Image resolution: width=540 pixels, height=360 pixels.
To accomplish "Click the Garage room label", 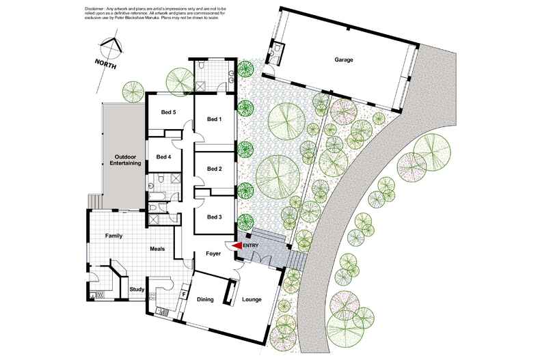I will point(344,60).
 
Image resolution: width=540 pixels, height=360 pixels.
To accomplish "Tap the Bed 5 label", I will point(169,112).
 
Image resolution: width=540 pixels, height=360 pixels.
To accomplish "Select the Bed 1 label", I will point(215,120).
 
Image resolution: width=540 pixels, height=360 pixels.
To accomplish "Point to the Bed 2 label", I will point(215,169).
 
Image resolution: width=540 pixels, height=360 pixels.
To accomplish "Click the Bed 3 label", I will point(215,217).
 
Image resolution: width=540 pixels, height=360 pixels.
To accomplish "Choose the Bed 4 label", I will point(163,156).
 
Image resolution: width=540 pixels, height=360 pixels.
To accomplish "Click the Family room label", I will point(113,236).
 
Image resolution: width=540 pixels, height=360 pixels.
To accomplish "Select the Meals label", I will point(158,249).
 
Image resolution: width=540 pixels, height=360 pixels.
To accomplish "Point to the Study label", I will point(137,290).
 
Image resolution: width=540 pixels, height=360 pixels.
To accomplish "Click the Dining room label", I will point(205,299).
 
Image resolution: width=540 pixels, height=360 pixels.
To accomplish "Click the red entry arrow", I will point(236,246).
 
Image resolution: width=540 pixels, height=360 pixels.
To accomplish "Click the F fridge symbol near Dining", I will point(183,294).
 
